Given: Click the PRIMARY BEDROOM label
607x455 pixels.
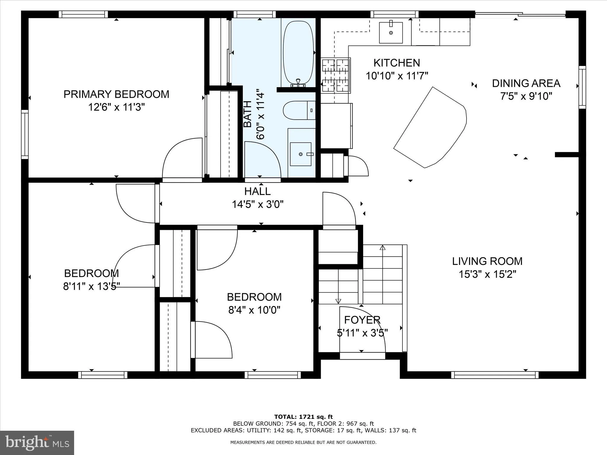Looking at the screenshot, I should (x=116, y=94).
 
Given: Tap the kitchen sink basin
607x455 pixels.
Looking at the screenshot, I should (x=391, y=33).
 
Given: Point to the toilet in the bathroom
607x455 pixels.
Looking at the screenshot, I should (x=299, y=110).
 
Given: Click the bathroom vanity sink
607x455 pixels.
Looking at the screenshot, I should (x=301, y=154).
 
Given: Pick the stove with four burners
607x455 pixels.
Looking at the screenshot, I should (x=335, y=75).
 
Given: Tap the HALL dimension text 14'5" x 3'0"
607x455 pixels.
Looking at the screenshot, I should (x=258, y=204).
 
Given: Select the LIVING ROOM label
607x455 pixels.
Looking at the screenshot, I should (x=487, y=261).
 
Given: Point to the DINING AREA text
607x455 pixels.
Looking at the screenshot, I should (x=526, y=83).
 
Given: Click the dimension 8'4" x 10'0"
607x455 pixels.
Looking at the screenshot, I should (x=254, y=310).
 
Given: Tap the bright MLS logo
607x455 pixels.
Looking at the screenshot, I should (x=37, y=443).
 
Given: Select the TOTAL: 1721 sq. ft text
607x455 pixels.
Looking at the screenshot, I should (x=303, y=417).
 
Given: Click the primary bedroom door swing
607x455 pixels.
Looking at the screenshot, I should (x=181, y=158).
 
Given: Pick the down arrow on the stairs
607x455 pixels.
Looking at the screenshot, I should (x=338, y=301).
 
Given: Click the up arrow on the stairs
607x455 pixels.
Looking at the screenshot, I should (x=382, y=248).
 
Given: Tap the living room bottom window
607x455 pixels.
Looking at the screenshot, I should (x=495, y=375).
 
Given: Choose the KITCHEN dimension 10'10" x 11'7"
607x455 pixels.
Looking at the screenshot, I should (x=397, y=76).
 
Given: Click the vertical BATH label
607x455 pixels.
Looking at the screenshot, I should (x=247, y=114).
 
